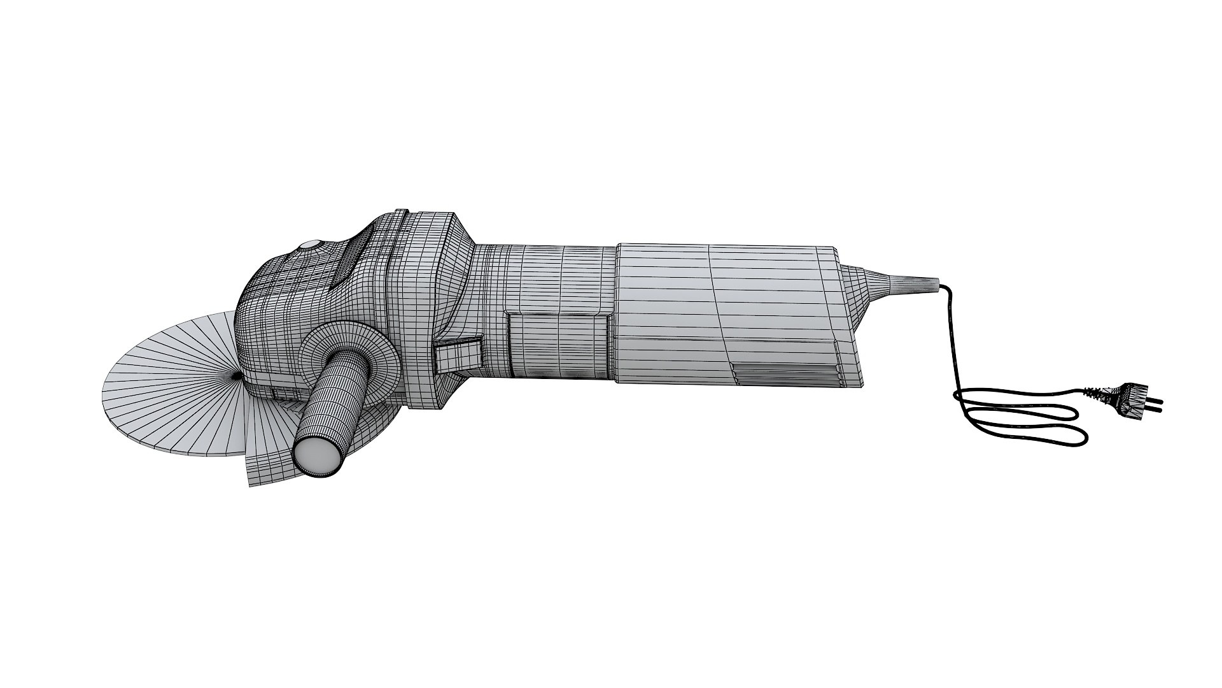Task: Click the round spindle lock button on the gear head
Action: point(310,245)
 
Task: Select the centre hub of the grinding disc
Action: point(237,376)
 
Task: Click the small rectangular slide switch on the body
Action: point(458,354)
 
